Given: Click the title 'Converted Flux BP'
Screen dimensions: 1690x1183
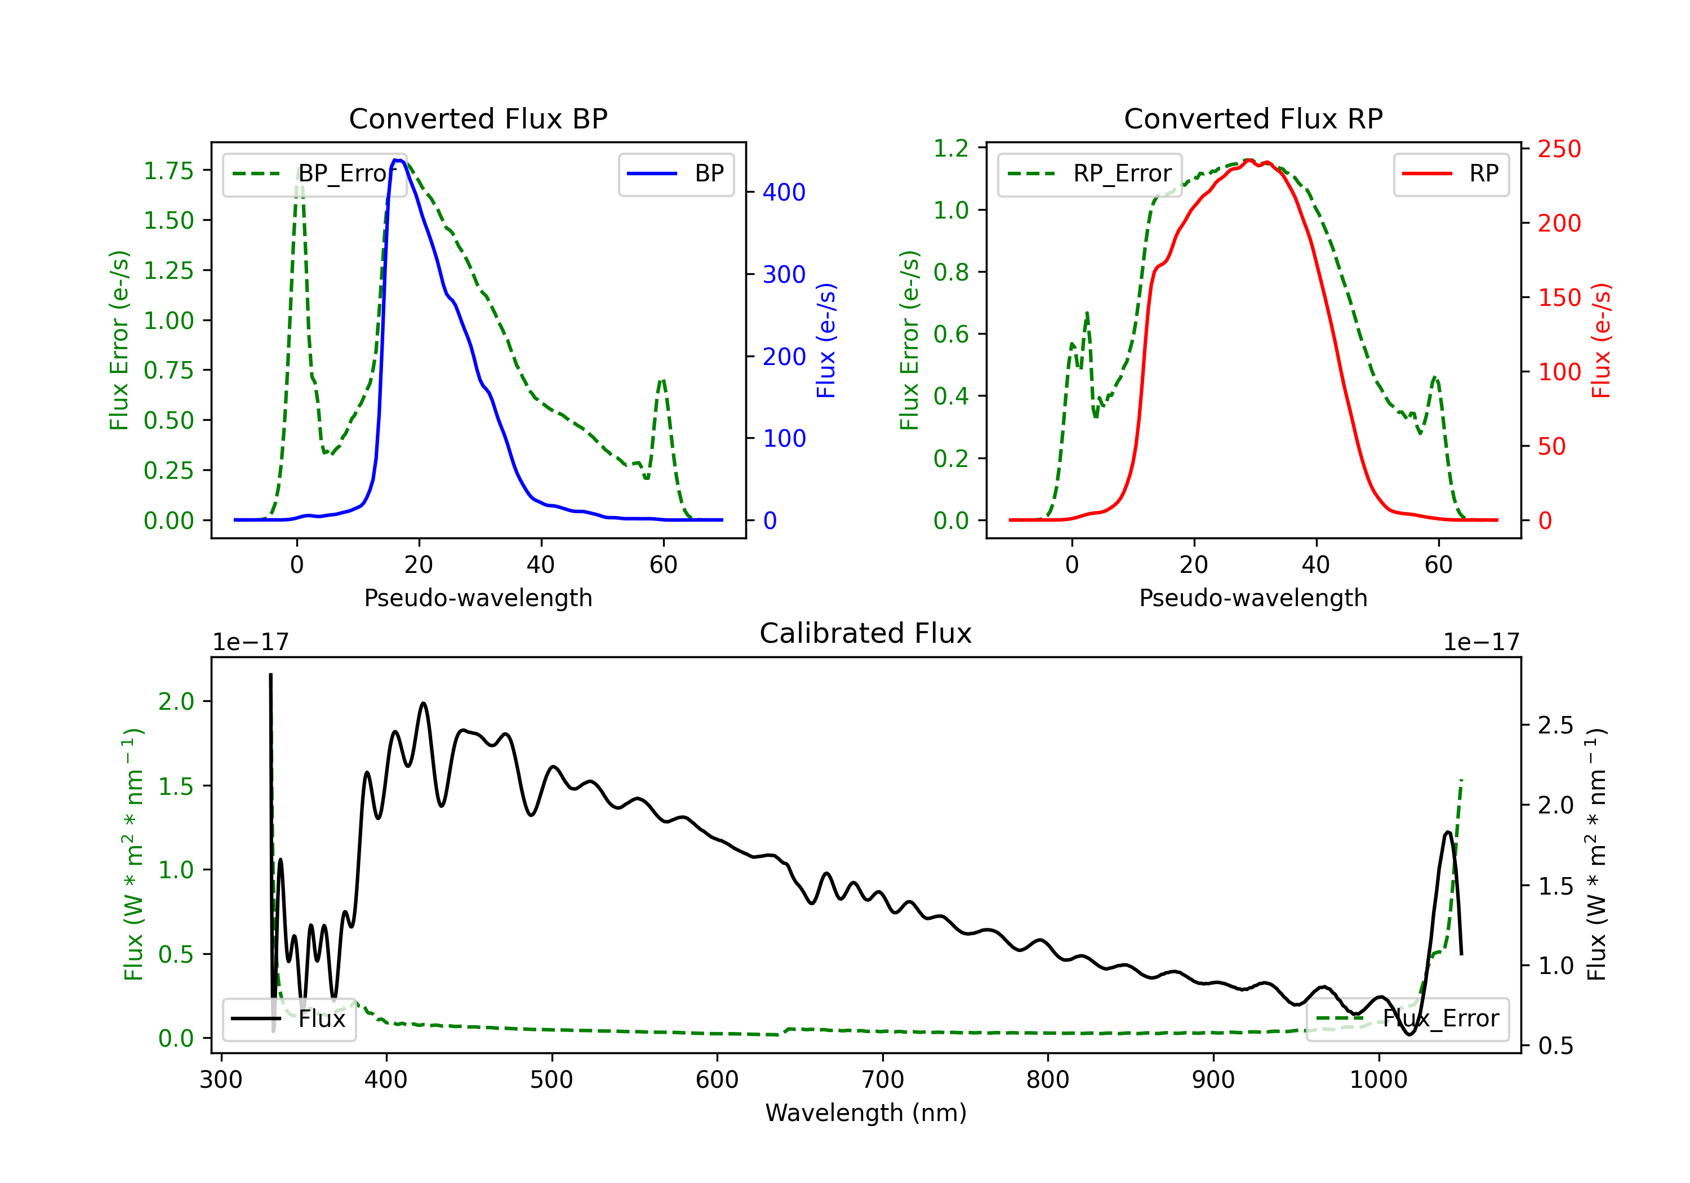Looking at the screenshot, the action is pos(478,118).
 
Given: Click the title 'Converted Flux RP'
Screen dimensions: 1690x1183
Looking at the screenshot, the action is pos(1253,118).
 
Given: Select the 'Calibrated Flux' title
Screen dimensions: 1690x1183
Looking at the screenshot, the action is pos(866,633).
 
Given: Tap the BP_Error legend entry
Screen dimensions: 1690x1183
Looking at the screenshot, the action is pos(314,174).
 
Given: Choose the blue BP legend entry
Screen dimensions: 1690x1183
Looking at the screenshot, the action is pos(675,174).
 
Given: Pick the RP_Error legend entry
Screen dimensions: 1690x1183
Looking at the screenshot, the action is pos(1089,174).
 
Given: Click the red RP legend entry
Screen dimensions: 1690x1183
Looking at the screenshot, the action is pos(1451,174).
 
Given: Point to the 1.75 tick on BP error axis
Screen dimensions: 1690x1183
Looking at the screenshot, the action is pos(168,171).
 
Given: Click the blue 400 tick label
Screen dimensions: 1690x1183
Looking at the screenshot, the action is pos(784,192).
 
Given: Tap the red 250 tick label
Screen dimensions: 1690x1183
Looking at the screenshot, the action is pos(1559,149).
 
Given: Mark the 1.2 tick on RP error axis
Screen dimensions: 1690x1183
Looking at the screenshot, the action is pos(951,148).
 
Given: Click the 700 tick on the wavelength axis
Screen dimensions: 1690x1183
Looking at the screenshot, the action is pos(883,1079).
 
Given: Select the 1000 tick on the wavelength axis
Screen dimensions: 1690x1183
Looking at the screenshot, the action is pos(1378,1079).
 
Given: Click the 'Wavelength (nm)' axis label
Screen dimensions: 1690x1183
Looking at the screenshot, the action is pos(866,1113).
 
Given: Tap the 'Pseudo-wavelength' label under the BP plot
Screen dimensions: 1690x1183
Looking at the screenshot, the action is pos(478,598).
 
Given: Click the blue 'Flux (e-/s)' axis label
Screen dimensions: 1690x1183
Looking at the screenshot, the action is pos(826,340).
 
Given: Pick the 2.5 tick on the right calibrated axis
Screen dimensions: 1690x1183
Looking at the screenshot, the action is pos(1555,725).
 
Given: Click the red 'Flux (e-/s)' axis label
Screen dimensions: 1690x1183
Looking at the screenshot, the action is pos(1602,340).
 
